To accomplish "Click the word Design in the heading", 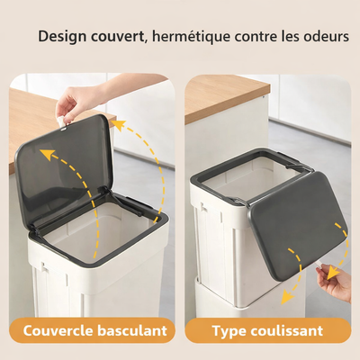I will [x=65, y=39].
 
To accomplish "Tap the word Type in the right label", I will [x=229, y=330].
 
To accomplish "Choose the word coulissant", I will [x=288, y=330].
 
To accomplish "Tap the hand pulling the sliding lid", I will [x=337, y=281].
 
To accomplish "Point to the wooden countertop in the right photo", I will [x=225, y=94].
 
